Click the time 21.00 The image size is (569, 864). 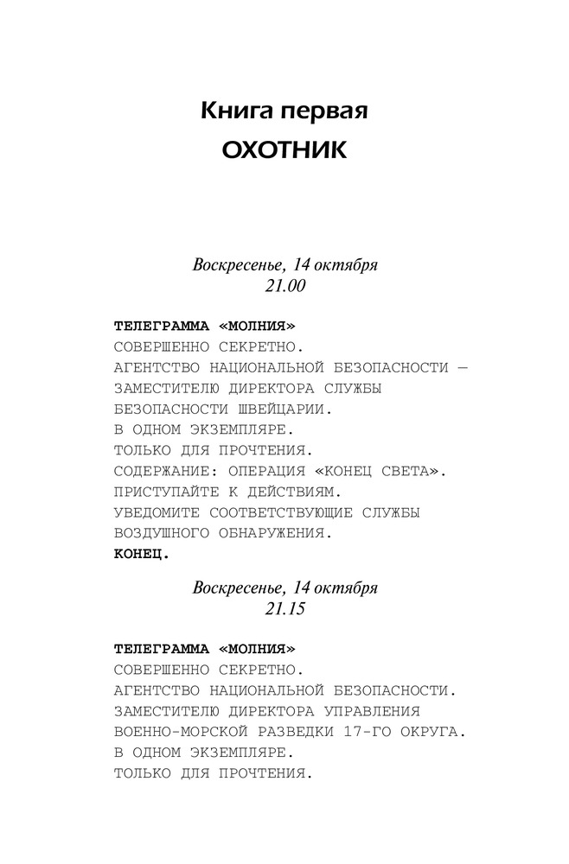pyautogui.click(x=284, y=283)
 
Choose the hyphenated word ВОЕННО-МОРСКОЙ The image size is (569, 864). pyautogui.click(x=178, y=732)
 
